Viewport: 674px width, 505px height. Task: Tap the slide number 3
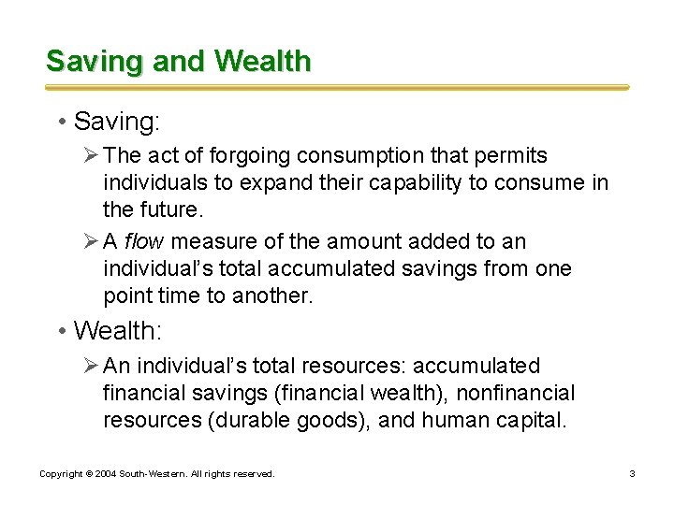pos(632,474)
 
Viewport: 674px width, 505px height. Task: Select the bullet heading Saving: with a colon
pos(110,122)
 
